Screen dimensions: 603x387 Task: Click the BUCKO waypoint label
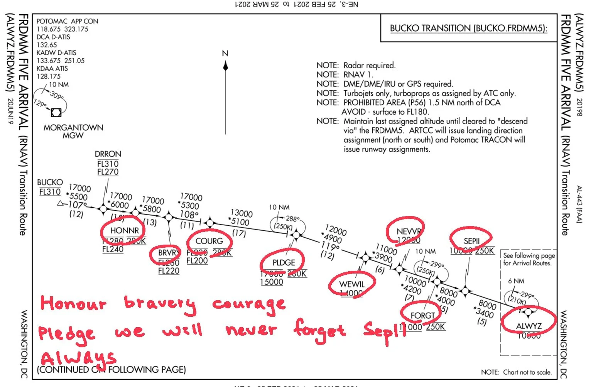(x=50, y=182)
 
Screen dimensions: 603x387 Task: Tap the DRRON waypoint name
(x=108, y=154)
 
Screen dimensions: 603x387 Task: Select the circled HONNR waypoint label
(x=124, y=231)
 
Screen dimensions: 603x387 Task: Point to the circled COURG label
(x=209, y=241)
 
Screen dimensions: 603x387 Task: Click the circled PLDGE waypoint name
(x=284, y=263)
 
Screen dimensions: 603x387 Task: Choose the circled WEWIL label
(x=351, y=284)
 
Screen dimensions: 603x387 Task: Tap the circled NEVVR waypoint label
(x=409, y=232)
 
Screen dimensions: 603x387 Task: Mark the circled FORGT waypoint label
(x=422, y=316)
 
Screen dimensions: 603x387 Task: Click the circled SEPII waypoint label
(x=471, y=241)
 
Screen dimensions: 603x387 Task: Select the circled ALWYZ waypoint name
(x=529, y=326)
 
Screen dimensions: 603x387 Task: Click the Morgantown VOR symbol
(x=56, y=113)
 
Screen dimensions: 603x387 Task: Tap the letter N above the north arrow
(x=225, y=54)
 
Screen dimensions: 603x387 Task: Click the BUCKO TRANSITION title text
(x=468, y=28)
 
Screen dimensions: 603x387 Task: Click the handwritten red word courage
(x=249, y=304)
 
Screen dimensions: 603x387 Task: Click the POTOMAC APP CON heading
(x=67, y=21)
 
